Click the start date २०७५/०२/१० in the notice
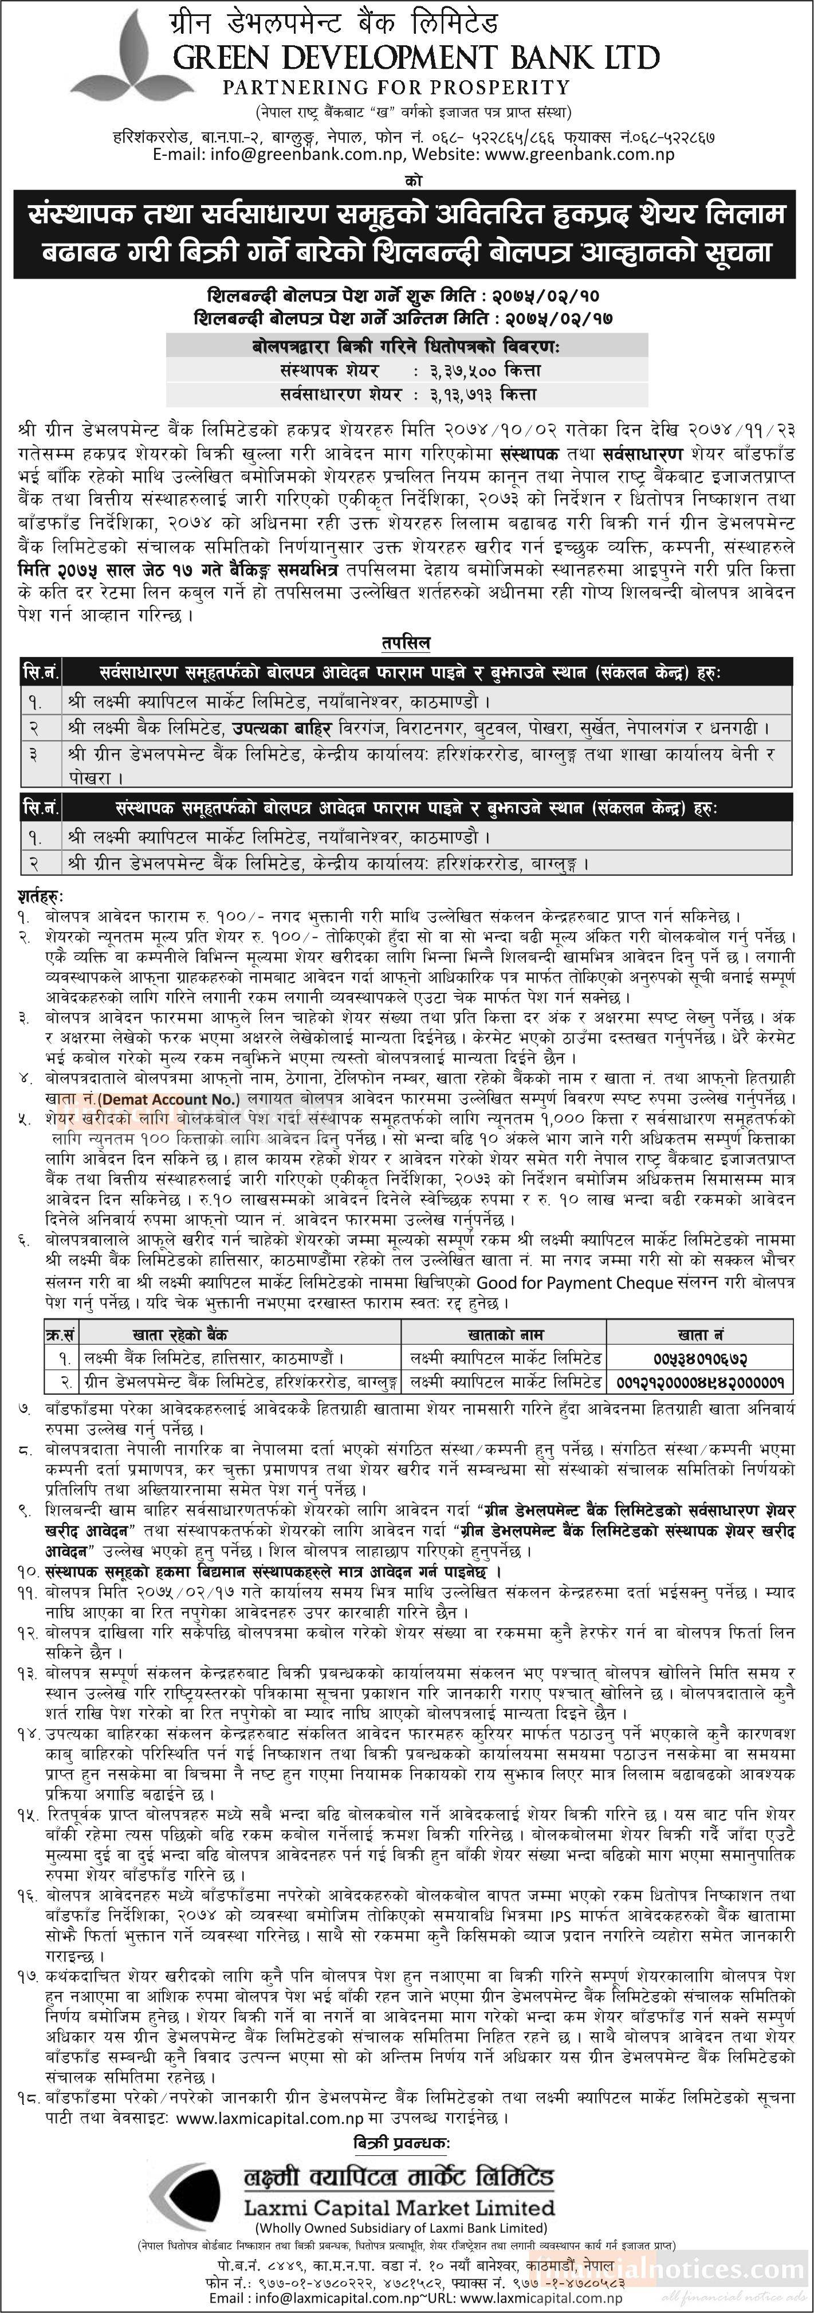[x=546, y=295]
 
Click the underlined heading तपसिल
[x=406, y=643]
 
